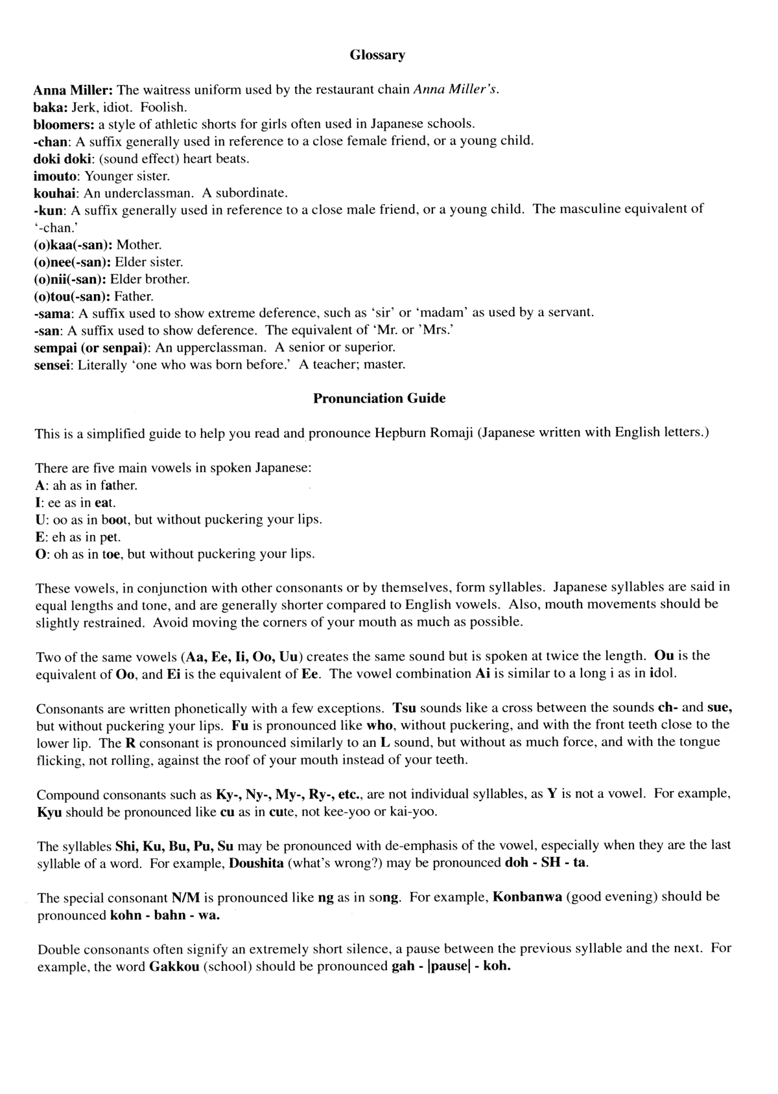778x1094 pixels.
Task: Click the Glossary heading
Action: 377,55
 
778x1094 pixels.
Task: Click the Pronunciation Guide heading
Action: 379,398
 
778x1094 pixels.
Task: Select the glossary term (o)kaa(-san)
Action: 73,245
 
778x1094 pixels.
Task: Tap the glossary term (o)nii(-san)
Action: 71,279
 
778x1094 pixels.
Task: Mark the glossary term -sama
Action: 53,313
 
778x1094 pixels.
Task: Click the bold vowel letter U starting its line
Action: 40,519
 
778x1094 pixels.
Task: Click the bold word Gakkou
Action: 171,966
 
